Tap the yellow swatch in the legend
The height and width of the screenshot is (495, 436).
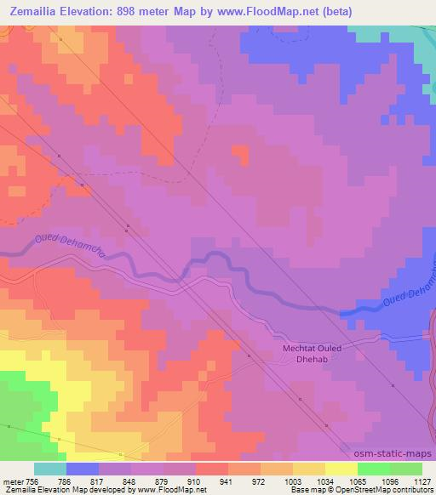pyautogui.click(x=341, y=469)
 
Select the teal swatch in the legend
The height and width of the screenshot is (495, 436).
pyautogui.click(x=50, y=469)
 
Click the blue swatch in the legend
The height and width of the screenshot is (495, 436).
pyautogui.click(x=83, y=469)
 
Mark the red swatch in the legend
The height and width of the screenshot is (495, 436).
pyautogui.click(x=212, y=469)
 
